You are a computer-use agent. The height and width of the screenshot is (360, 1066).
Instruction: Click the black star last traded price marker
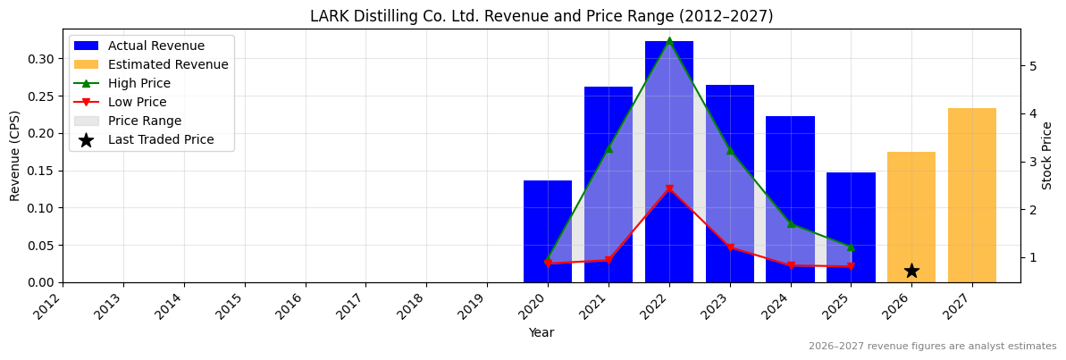point(911,271)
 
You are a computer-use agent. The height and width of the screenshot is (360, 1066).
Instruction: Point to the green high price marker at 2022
point(669,40)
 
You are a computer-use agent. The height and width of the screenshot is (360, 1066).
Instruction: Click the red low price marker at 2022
point(669,189)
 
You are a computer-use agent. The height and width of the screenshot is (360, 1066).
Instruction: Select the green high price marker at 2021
point(609,148)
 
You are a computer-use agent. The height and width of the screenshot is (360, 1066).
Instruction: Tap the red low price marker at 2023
point(730,247)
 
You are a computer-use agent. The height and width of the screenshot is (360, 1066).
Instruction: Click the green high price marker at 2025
point(851,247)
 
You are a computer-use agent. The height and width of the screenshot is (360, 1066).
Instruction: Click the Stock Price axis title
point(1047,155)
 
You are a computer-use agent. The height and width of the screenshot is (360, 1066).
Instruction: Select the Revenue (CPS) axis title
point(15,155)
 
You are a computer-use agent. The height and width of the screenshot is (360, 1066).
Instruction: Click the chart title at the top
point(541,16)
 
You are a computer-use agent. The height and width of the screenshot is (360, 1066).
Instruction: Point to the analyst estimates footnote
point(932,347)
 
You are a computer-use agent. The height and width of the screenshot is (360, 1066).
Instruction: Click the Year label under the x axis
point(541,333)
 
